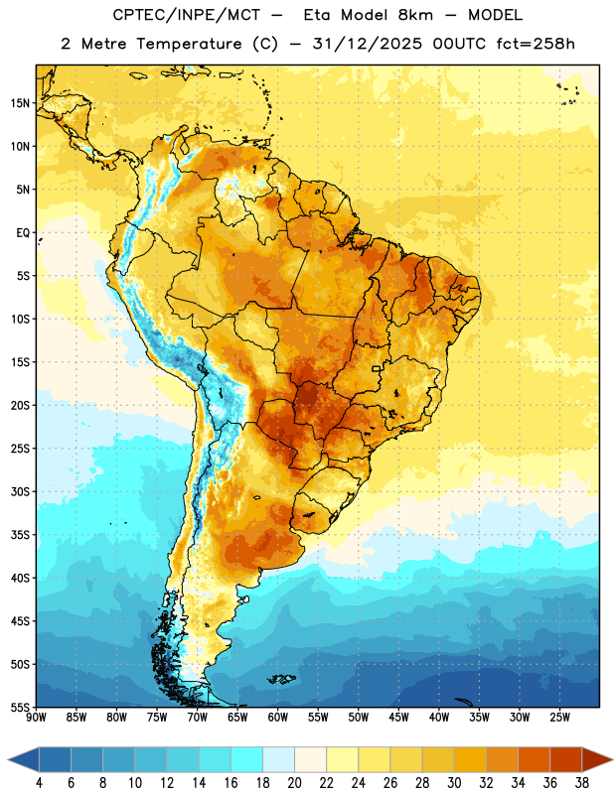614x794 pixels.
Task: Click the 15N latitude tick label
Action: pyautogui.click(x=20, y=103)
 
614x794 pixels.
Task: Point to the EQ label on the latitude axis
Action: pyautogui.click(x=23, y=233)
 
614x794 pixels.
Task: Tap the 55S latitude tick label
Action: pyautogui.click(x=20, y=708)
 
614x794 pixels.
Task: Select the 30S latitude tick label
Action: pyautogui.click(x=20, y=491)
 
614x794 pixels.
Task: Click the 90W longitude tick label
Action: pyautogui.click(x=36, y=718)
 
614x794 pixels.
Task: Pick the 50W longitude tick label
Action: pyautogui.click(x=359, y=718)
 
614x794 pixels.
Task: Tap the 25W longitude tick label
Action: pyautogui.click(x=559, y=718)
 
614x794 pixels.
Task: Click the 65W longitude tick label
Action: pyautogui.click(x=237, y=718)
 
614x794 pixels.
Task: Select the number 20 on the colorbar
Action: pyautogui.click(x=294, y=783)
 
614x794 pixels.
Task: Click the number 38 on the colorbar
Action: pyautogui.click(x=582, y=783)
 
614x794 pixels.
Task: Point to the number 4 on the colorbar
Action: pyautogui.click(x=39, y=783)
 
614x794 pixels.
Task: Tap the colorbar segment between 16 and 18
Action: pyautogui.click(x=247, y=759)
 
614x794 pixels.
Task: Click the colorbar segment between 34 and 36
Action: pyautogui.click(x=535, y=759)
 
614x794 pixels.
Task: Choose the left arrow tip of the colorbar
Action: pyautogui.click(x=8, y=759)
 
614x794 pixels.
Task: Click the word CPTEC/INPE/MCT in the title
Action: pyautogui.click(x=187, y=15)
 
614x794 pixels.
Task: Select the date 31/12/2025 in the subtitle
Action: pyautogui.click(x=367, y=44)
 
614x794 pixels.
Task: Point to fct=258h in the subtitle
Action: pyautogui.click(x=536, y=44)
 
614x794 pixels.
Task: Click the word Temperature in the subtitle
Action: pyautogui.click(x=189, y=44)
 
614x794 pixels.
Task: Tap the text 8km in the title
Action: pyautogui.click(x=415, y=15)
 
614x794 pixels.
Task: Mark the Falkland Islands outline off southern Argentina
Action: pyautogui.click(x=281, y=679)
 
